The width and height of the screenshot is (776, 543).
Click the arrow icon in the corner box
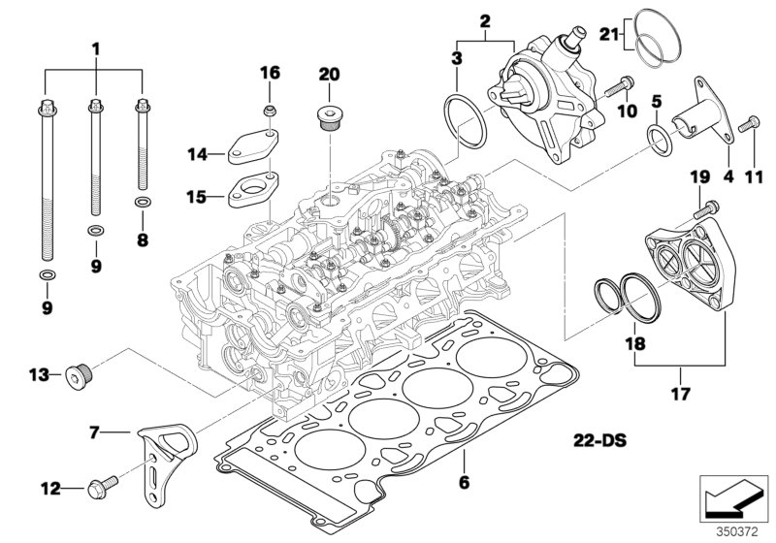click(x=734, y=498)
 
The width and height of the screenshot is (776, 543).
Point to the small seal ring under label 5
click(x=659, y=138)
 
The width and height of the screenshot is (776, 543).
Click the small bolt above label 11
click(x=749, y=126)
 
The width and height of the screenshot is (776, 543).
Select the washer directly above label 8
click(x=143, y=203)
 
